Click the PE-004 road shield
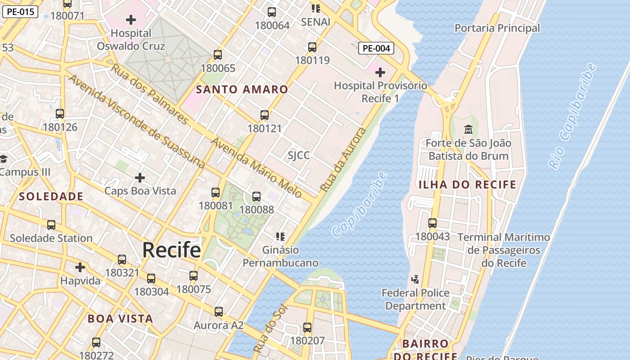point(376,48)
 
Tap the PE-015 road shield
point(20,12)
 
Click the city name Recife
point(171,250)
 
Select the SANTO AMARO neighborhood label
point(242,89)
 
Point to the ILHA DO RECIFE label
point(468,184)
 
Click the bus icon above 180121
point(265,115)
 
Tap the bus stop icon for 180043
point(432,223)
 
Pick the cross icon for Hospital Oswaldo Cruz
point(131,20)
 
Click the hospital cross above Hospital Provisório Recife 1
point(380,72)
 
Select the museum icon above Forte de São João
point(468,130)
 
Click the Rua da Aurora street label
point(343,160)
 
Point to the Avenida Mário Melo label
point(256,167)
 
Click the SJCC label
point(299,156)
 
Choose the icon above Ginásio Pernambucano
point(280,236)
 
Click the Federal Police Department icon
point(415,279)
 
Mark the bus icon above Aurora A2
point(219,311)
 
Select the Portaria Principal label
point(497,28)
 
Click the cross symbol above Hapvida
point(80,267)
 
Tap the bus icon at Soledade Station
point(51,225)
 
